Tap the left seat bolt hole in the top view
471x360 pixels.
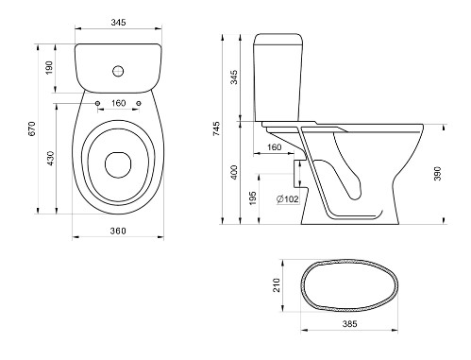click(x=97, y=103)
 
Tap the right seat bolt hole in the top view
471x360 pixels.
click(x=139, y=103)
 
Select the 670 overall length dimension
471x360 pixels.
click(x=32, y=129)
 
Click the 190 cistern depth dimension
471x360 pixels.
click(x=49, y=68)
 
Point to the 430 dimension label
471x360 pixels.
click(x=50, y=159)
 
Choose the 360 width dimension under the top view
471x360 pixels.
click(x=118, y=231)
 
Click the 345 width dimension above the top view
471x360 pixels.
click(x=118, y=23)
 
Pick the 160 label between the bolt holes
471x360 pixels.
click(x=118, y=103)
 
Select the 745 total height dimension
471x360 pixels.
click(x=217, y=129)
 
